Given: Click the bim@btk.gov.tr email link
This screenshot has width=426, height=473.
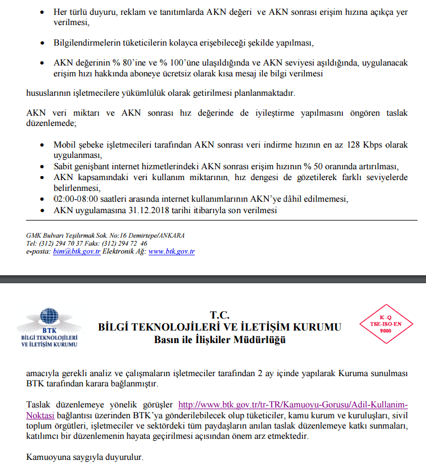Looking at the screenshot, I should (x=77, y=251).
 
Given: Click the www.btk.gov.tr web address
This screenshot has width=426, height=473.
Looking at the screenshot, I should (x=171, y=251).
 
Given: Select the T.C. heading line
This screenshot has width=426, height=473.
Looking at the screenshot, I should (x=219, y=315).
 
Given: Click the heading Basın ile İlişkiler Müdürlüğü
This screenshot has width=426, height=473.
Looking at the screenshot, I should (x=220, y=340).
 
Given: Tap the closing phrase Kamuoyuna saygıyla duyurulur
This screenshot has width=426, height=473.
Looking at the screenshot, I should (x=85, y=457).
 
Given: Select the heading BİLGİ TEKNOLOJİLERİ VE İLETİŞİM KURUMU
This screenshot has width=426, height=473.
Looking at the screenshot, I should (x=220, y=327).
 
